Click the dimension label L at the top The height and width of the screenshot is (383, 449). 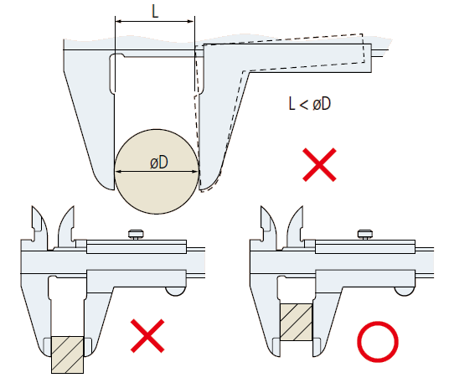(x=155, y=12)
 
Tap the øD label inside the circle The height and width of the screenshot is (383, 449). (x=159, y=163)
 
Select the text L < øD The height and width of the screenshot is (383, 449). (x=310, y=103)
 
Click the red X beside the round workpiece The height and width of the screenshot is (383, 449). (x=319, y=165)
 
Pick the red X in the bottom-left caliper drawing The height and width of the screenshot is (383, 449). (x=147, y=336)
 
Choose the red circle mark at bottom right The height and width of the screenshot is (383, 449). (x=378, y=341)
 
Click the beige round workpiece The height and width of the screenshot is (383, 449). (x=157, y=171)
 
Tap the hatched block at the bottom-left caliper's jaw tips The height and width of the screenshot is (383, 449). (x=68, y=355)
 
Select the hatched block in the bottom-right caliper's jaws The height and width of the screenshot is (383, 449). (x=296, y=323)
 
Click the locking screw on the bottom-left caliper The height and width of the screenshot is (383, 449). (x=136, y=234)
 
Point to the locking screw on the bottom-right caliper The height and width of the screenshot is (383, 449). (x=365, y=234)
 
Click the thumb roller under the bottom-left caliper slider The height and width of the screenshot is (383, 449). (x=175, y=292)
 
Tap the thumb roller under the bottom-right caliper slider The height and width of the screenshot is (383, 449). (x=405, y=292)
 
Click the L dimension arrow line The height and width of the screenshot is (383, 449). (x=155, y=21)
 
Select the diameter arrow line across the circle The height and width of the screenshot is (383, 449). (x=157, y=172)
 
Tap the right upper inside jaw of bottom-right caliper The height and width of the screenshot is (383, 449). (x=295, y=226)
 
